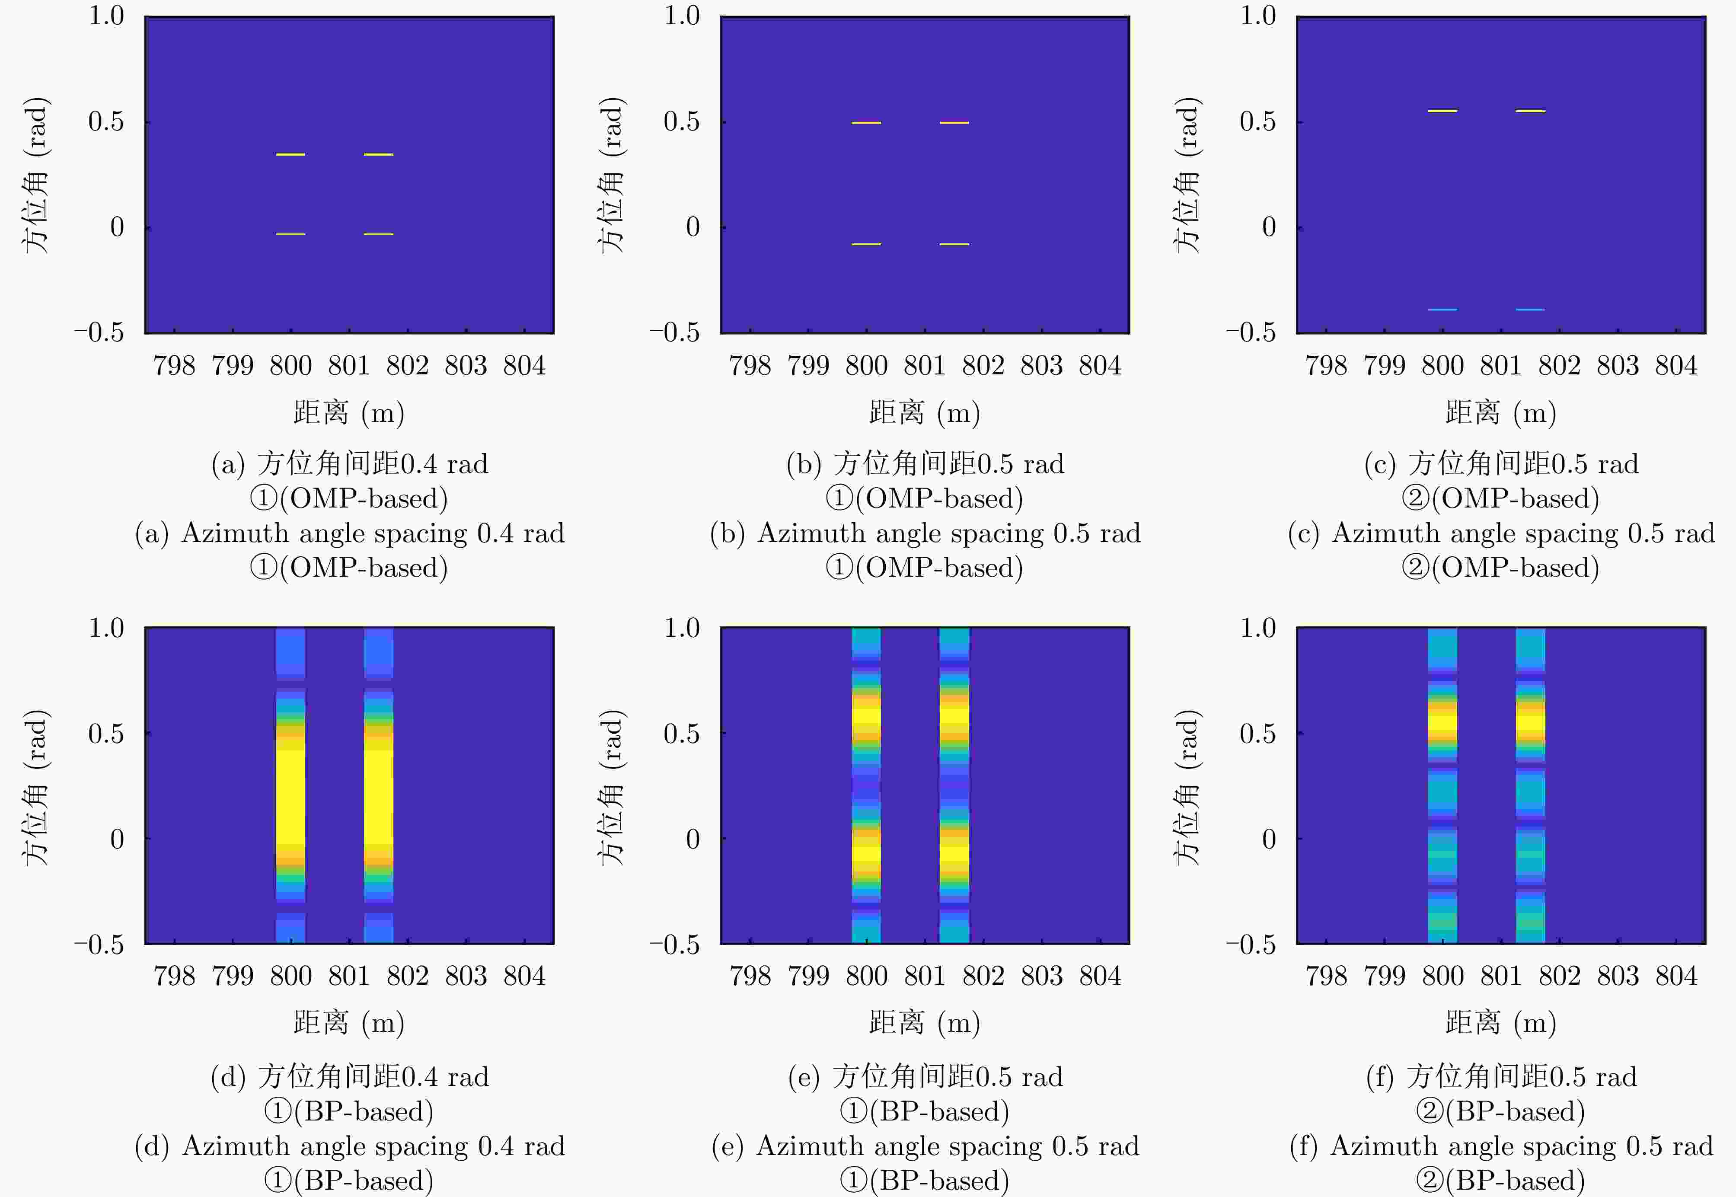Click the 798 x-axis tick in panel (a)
[174, 366]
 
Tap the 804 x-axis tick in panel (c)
[1676, 366]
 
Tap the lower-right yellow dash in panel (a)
[379, 234]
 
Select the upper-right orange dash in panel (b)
[954, 122]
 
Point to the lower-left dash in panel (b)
[866, 244]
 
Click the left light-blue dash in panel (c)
[1442, 309]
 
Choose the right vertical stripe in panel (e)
[954, 786]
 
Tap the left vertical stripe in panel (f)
[1442, 786]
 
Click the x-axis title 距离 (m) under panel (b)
[925, 412]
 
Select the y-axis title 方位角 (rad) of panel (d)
[36, 788]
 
